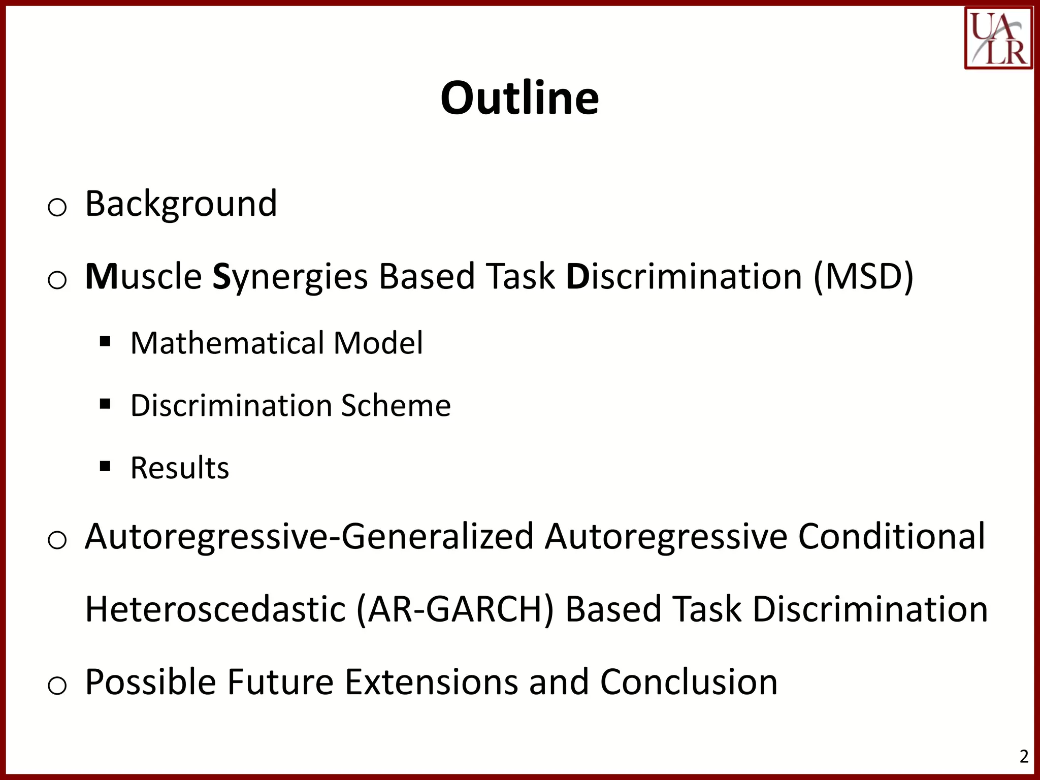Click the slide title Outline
(519, 97)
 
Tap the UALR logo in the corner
(998, 38)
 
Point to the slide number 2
(1024, 756)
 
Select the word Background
(181, 204)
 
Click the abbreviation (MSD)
(863, 276)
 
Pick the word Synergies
(289, 277)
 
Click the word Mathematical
(226, 343)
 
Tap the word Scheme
(396, 405)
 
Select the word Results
(180, 468)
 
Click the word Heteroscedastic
(215, 609)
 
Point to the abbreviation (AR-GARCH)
(455, 609)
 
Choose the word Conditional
(891, 536)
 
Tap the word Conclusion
(689, 682)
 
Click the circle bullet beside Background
(57, 208)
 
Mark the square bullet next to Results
(105, 466)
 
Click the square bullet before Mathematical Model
(105, 341)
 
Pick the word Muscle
(144, 276)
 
